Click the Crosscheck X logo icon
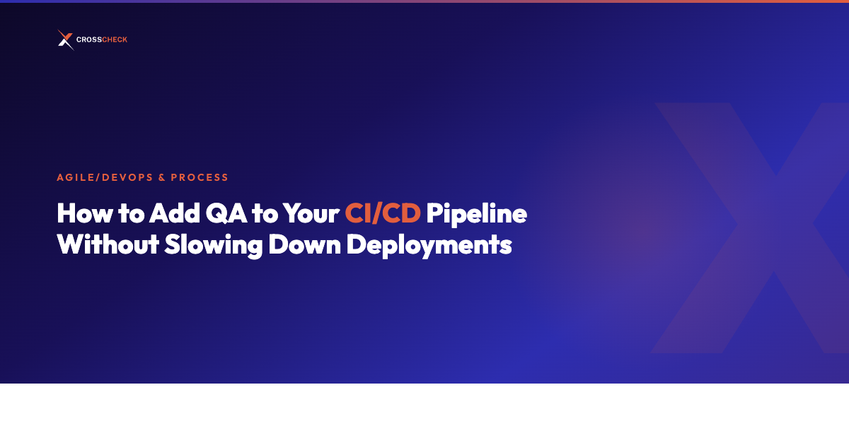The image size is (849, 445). (x=65, y=40)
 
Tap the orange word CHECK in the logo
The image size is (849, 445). (x=115, y=40)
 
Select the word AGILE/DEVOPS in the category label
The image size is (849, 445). (x=103, y=177)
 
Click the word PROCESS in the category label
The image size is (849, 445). (x=200, y=177)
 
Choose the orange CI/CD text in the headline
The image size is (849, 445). (x=383, y=214)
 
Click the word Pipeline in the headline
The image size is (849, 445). (x=476, y=214)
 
